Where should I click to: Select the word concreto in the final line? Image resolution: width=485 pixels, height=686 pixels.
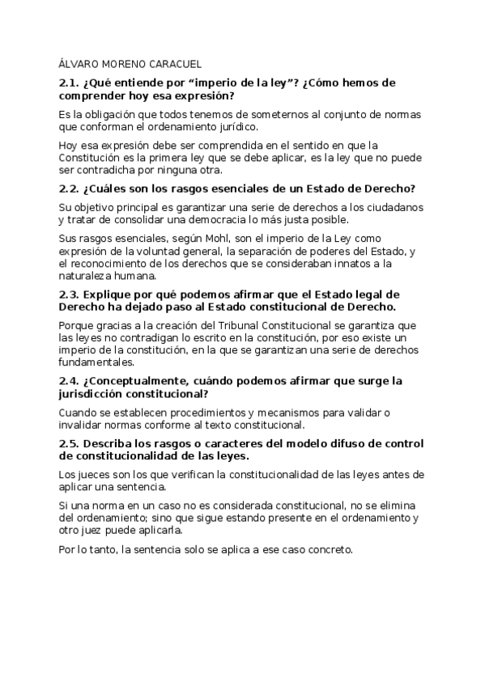pos(326,550)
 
